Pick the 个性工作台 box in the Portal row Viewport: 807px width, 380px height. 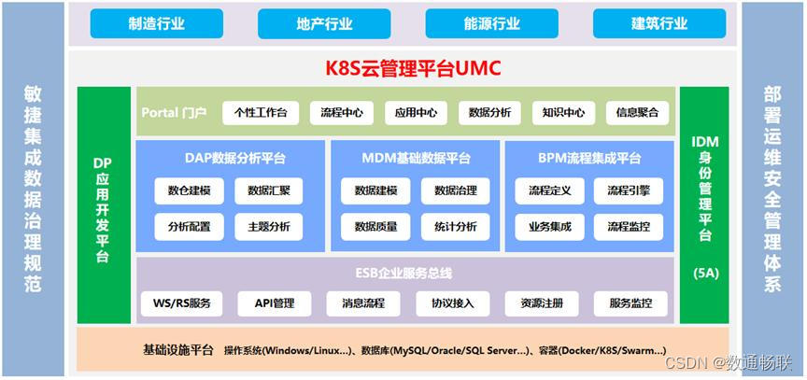pyautogui.click(x=261, y=113)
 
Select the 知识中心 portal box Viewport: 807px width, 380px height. pyautogui.click(x=564, y=113)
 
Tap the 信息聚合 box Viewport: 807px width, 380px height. pyautogui.click(x=637, y=113)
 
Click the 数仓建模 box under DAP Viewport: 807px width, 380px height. pyautogui.click(x=190, y=190)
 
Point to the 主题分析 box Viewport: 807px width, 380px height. pyautogui.click(x=269, y=226)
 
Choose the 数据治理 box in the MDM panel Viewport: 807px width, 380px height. pyautogui.click(x=455, y=190)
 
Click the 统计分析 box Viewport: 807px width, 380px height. pyautogui.click(x=455, y=226)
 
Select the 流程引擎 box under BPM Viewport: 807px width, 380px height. pyautogui.click(x=629, y=190)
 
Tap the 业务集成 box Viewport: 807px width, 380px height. pyautogui.click(x=549, y=226)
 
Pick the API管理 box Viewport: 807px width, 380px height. pyautogui.click(x=274, y=303)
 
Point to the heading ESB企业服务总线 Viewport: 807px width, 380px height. pyautogui.click(x=403, y=274)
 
